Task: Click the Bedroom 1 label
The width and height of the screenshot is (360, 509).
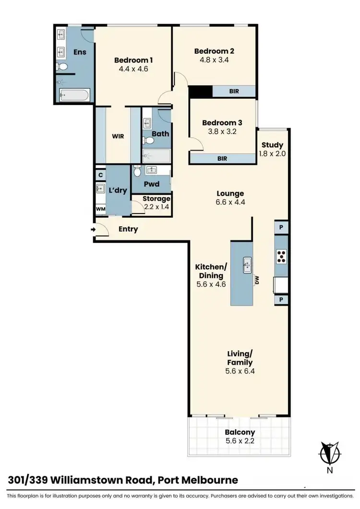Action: [133, 60]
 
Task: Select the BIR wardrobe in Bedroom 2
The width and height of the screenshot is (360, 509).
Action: [233, 91]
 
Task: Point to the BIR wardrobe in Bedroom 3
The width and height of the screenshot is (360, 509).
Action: [222, 158]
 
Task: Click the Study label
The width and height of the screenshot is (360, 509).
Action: [272, 145]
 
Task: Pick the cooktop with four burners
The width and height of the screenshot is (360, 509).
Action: [281, 257]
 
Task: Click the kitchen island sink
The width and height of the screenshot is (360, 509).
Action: [248, 263]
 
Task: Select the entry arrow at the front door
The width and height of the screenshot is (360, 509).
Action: [93, 229]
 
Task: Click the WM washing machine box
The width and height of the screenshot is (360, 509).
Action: [100, 209]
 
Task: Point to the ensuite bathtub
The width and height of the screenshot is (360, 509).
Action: [73, 95]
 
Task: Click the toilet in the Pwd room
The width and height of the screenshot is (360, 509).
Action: [137, 171]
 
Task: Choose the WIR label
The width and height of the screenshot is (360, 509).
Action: [118, 136]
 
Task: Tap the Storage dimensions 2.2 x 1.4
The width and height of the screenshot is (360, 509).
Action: [157, 207]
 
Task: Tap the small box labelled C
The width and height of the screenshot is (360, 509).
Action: [100, 175]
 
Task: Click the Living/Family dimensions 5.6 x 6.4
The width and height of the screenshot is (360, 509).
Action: [240, 371]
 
